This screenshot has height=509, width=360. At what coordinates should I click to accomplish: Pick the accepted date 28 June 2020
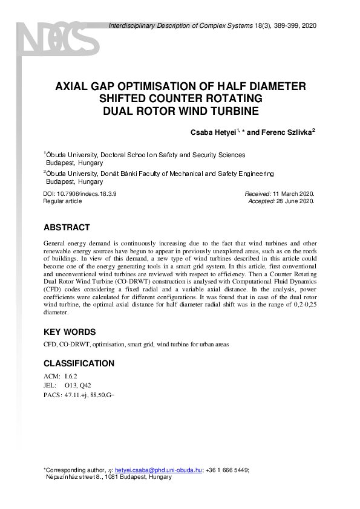pyautogui.click(x=294, y=201)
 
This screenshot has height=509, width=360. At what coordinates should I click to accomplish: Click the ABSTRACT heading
pyautogui.click(x=67, y=228)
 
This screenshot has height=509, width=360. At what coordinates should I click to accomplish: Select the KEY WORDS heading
pyautogui.click(x=70, y=332)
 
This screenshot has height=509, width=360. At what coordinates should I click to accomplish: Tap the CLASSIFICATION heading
pyautogui.click(x=79, y=363)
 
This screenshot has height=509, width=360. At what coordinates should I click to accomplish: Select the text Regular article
pyautogui.click(x=62, y=201)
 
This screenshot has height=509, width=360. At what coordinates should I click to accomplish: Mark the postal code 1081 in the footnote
pyautogui.click(x=113, y=477)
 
